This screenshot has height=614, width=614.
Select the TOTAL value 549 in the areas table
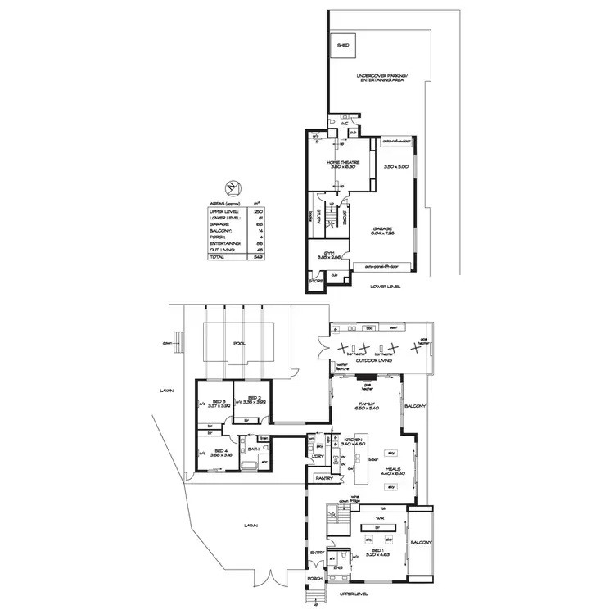click(259, 256)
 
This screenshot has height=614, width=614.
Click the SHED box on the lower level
click(342, 47)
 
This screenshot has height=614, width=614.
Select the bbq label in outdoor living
click(369, 328)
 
